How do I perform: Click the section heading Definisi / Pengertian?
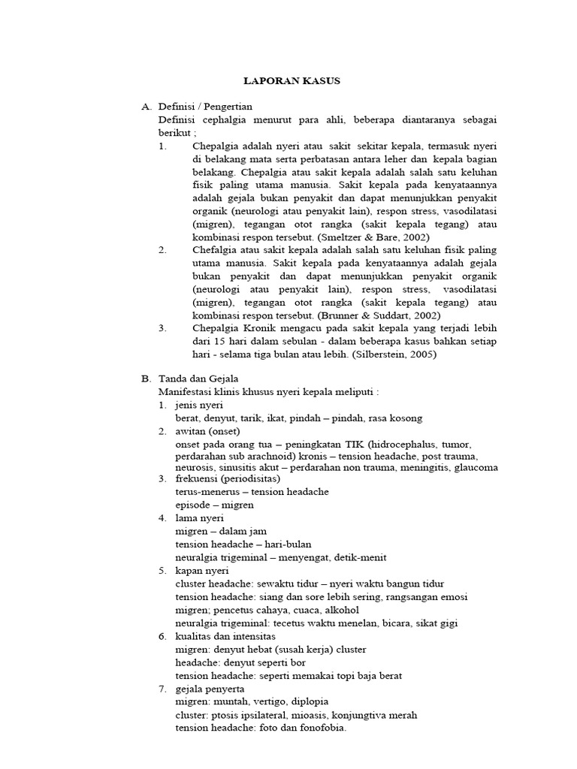(205, 107)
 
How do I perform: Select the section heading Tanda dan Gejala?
(198, 378)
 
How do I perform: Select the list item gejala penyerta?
(209, 688)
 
